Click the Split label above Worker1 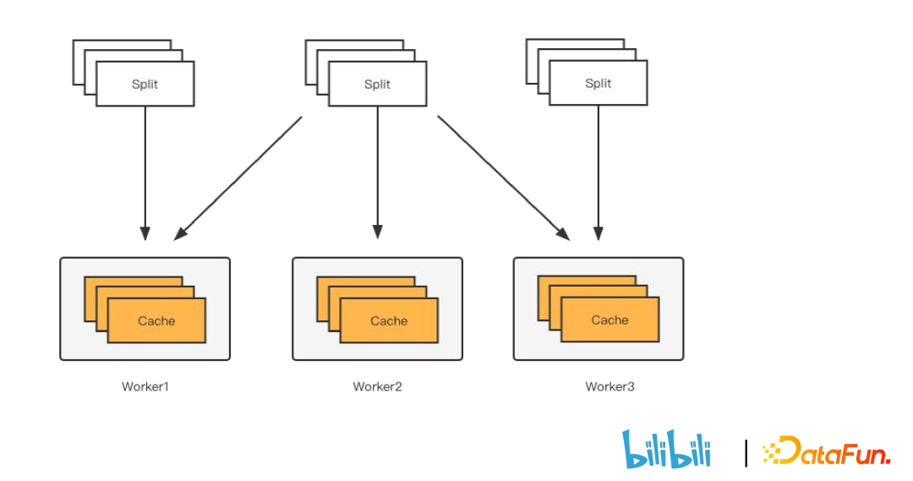tap(145, 84)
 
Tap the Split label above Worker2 tap(377, 84)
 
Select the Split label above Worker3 tap(598, 83)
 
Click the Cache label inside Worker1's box tap(156, 320)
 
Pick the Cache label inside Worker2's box tap(389, 320)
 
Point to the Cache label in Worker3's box tap(610, 320)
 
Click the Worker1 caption tap(145, 386)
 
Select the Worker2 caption tap(378, 386)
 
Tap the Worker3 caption tap(610, 386)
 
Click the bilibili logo tap(666, 449)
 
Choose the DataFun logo tap(826, 451)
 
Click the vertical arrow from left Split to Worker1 tap(145, 169)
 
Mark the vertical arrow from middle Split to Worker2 tap(378, 169)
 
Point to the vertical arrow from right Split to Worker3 tap(599, 169)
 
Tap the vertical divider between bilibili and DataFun tap(746, 452)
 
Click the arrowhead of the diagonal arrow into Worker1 tap(179, 234)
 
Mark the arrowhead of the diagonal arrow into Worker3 tap(563, 233)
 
